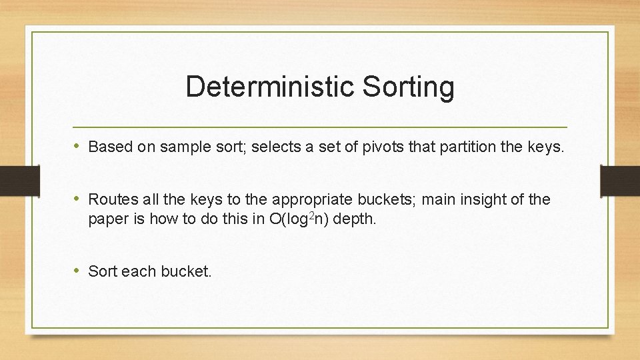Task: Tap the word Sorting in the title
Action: click(408, 87)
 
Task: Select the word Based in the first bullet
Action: click(111, 147)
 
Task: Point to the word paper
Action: click(108, 219)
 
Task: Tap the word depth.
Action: click(354, 219)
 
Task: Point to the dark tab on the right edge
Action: click(621, 181)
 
